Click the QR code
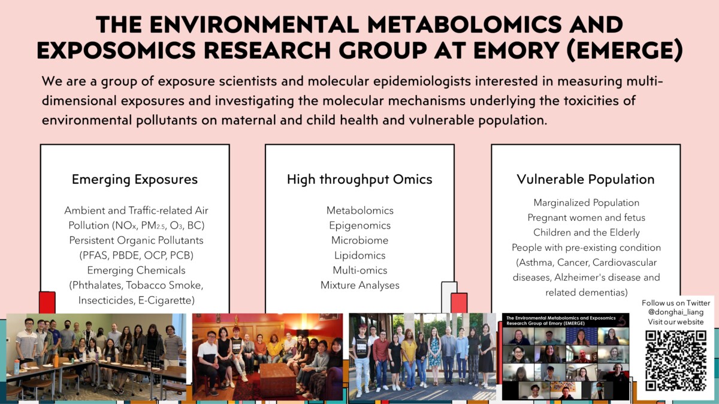point(676,361)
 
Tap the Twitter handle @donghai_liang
point(676,312)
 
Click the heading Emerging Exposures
point(135,180)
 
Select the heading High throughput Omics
point(359,180)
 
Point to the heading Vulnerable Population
point(585,179)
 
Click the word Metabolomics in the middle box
point(360,210)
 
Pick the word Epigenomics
point(360,226)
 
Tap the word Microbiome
point(360,241)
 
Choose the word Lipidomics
point(360,256)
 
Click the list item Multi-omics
point(360,271)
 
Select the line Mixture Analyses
point(360,285)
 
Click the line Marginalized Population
point(587,203)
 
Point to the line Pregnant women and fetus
point(587,218)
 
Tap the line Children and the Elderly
point(587,232)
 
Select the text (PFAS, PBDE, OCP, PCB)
point(136,256)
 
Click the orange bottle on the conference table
point(56,360)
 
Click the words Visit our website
point(676,321)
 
